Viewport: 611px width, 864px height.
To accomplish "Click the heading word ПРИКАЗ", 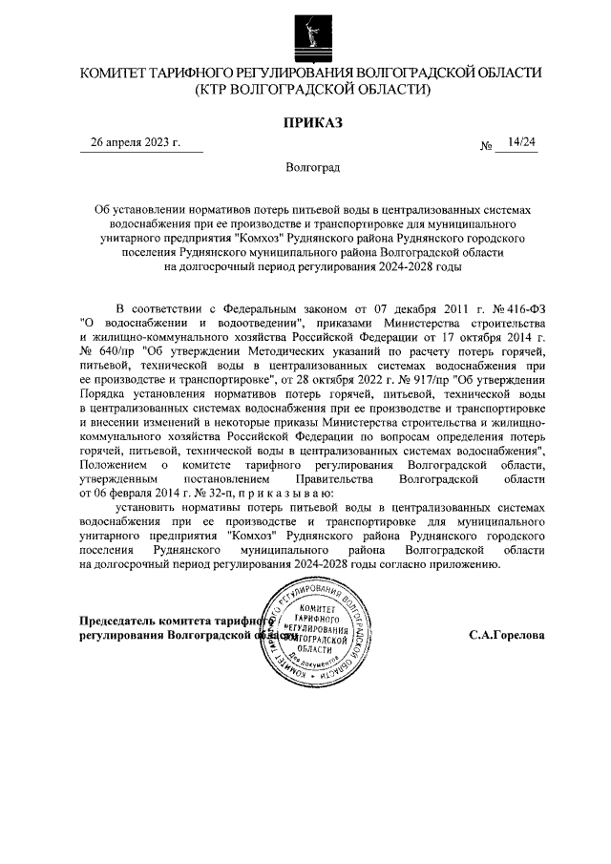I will [x=311, y=122].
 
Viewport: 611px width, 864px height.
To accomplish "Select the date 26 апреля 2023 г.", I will [x=135, y=142].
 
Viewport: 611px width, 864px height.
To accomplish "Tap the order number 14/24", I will [x=522, y=142].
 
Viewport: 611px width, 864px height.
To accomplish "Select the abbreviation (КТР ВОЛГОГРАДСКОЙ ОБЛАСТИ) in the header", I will [x=311, y=90].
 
